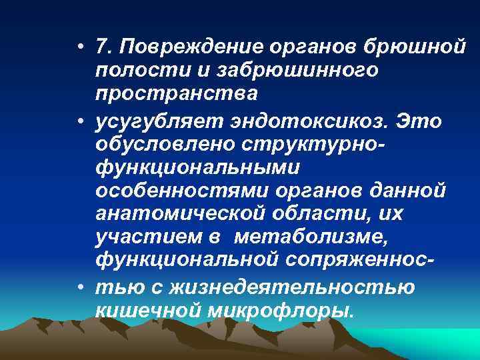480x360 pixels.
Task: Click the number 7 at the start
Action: tap(101, 47)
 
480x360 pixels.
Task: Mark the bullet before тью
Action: tap(80, 287)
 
